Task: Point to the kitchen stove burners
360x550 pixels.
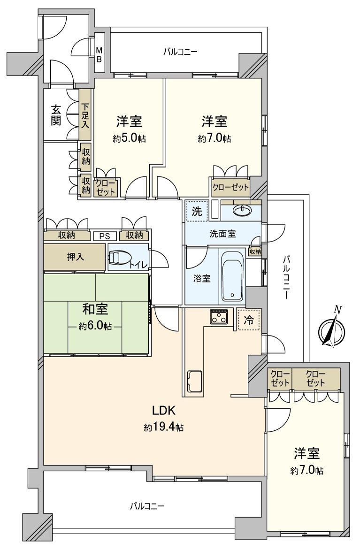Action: (219, 316)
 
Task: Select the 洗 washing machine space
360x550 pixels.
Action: (196, 211)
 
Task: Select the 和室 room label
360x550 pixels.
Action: (95, 310)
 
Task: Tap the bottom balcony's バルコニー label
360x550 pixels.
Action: (147, 506)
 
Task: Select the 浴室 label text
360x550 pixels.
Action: (202, 278)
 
